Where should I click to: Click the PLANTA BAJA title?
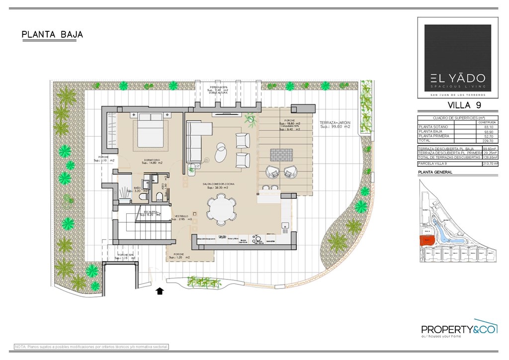click(x=52, y=35)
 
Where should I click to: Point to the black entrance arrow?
click(x=160, y=291)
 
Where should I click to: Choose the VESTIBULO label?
click(x=181, y=217)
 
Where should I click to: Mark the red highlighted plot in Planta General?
click(x=426, y=241)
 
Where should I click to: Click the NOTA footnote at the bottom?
click(x=91, y=346)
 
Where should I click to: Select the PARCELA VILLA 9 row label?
click(x=433, y=164)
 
